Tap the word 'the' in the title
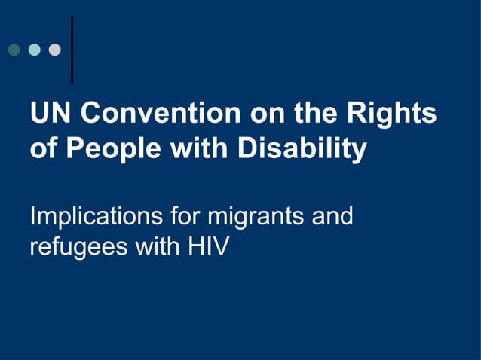coord(317,114)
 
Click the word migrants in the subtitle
coord(256,218)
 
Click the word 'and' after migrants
coord(332,217)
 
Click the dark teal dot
coord(14,50)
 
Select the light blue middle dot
coord(34,50)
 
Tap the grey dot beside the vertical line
coord(54,50)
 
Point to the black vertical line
coord(72,49)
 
